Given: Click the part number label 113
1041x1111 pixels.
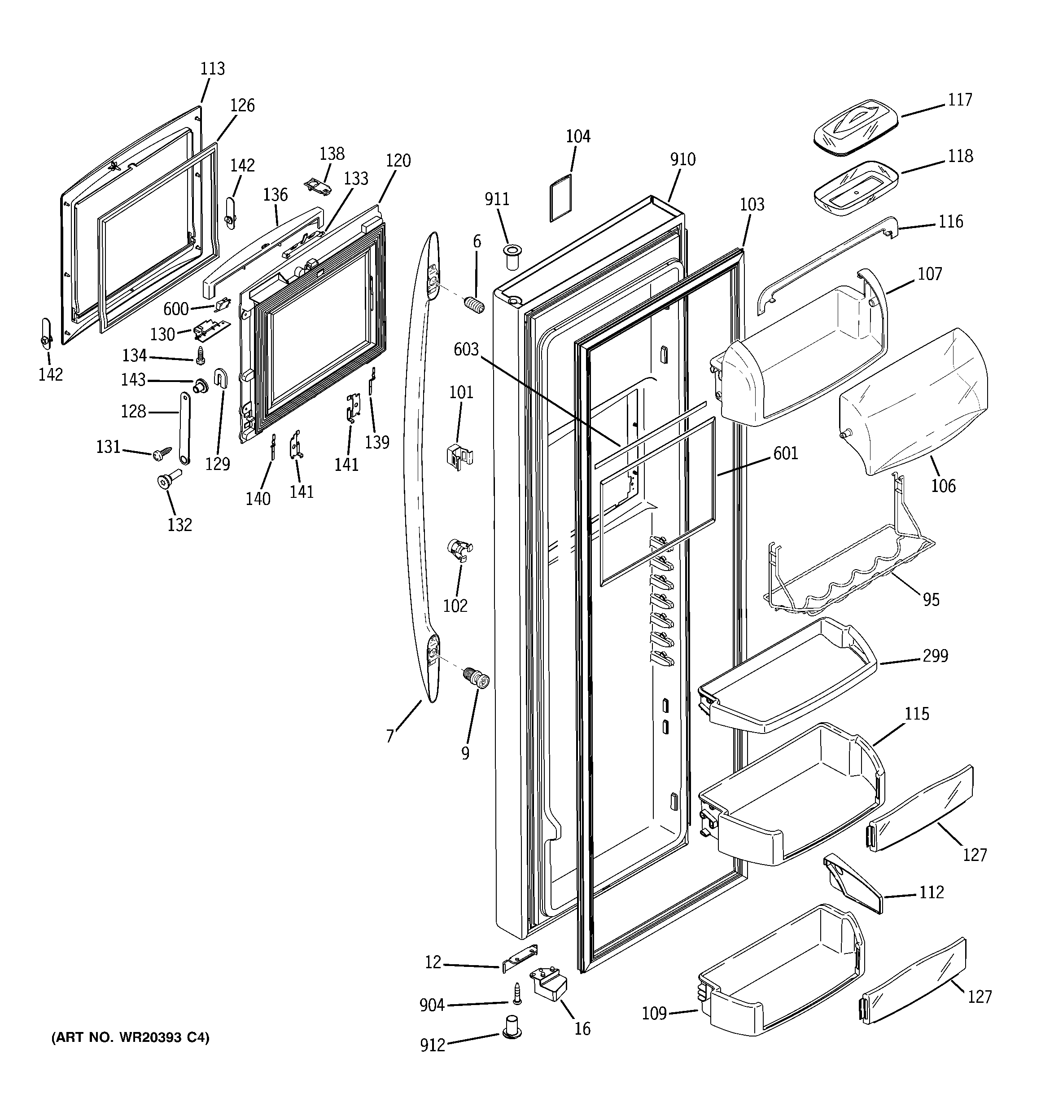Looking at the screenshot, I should point(212,69).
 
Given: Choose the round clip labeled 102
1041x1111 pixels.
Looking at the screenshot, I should point(460,550).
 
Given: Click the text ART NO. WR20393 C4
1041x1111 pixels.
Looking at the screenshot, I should point(130,1038).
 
